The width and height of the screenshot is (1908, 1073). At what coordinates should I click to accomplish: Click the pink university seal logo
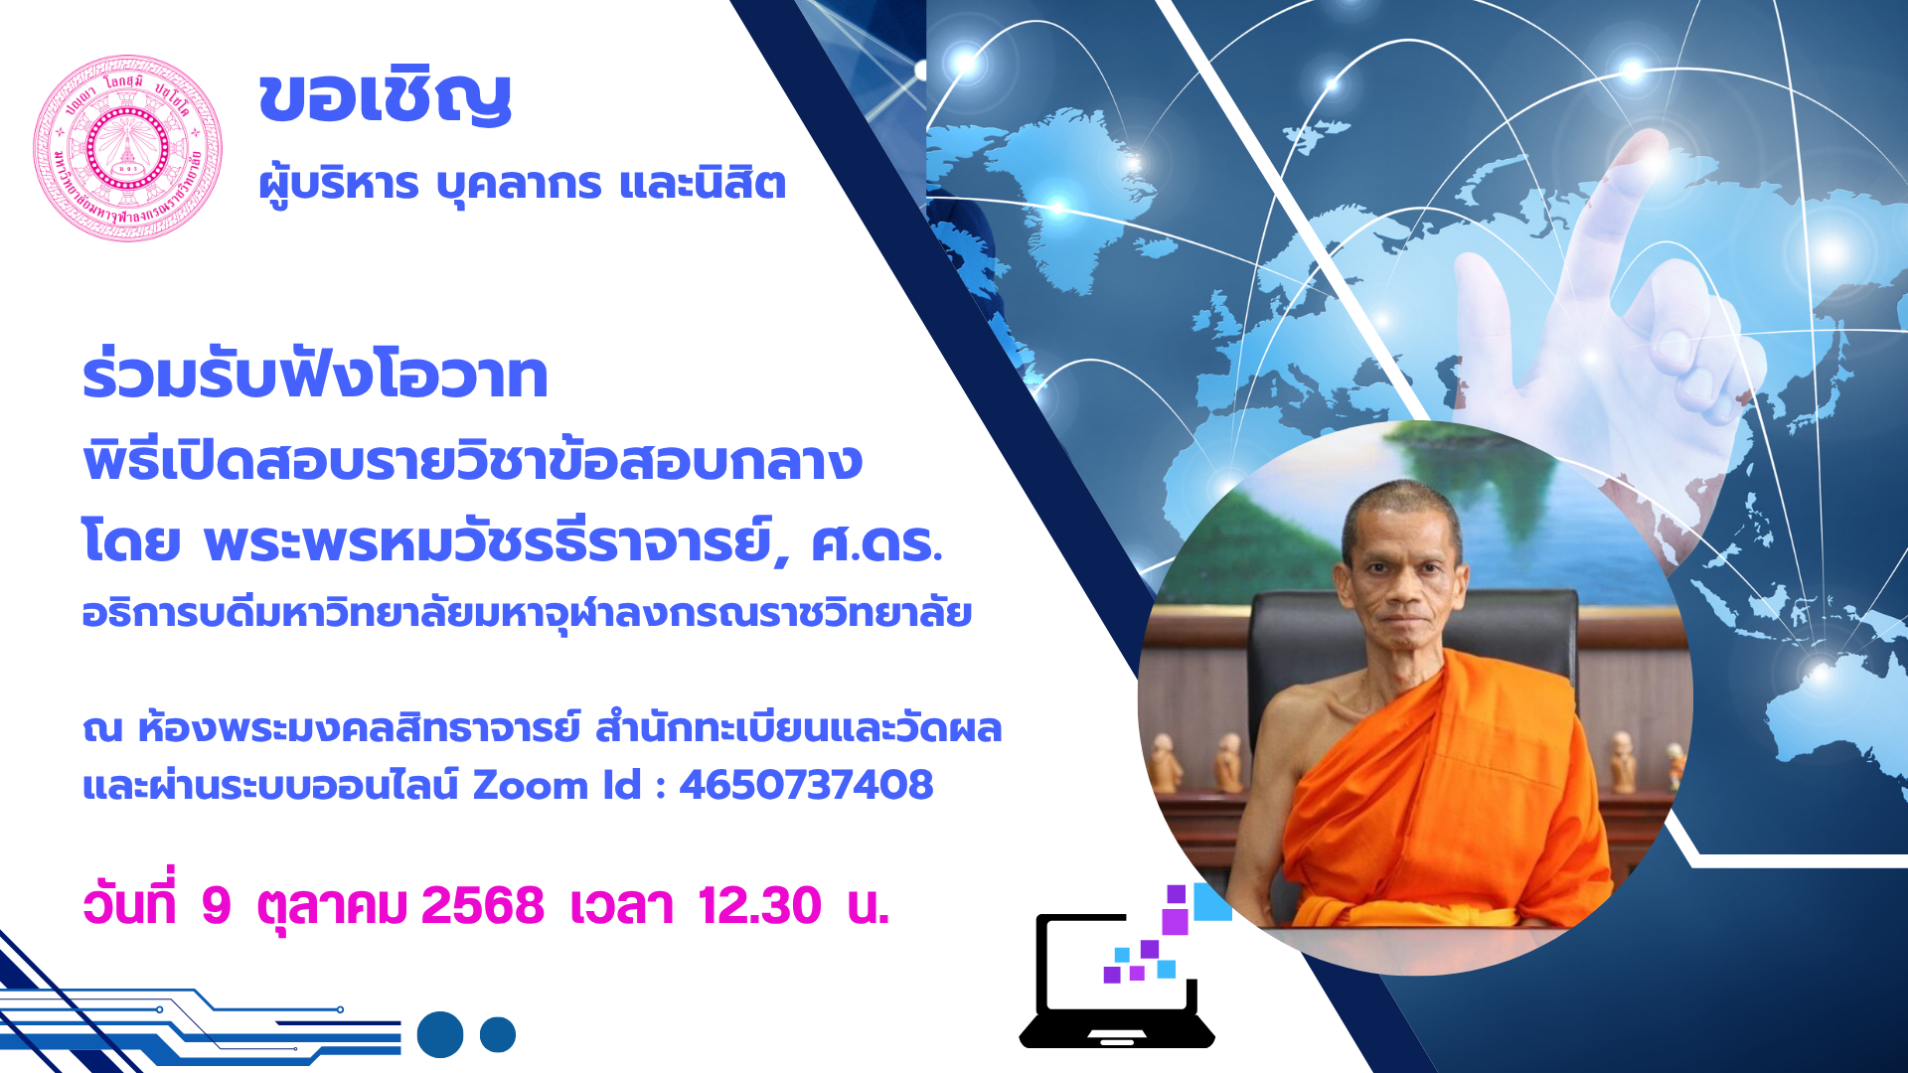tap(127, 148)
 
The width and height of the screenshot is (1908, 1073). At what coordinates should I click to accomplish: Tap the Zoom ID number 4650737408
tap(806, 785)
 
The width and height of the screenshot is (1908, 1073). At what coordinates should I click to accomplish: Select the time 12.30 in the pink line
tap(759, 905)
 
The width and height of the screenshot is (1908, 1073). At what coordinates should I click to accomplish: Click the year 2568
tap(483, 905)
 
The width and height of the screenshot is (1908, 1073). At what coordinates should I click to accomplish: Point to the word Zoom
tap(531, 785)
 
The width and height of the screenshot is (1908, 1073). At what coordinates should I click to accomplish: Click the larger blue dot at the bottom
tap(440, 1034)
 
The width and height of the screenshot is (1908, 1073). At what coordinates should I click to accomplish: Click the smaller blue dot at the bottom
tap(498, 1034)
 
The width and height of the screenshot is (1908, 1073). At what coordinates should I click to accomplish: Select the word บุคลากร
tap(519, 185)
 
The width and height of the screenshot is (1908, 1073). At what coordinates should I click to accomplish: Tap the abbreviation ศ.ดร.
tap(876, 543)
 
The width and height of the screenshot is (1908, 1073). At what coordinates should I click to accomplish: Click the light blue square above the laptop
tap(1212, 901)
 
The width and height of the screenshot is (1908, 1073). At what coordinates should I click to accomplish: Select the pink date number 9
tap(216, 905)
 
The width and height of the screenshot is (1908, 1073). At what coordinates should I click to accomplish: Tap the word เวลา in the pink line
tap(621, 905)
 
